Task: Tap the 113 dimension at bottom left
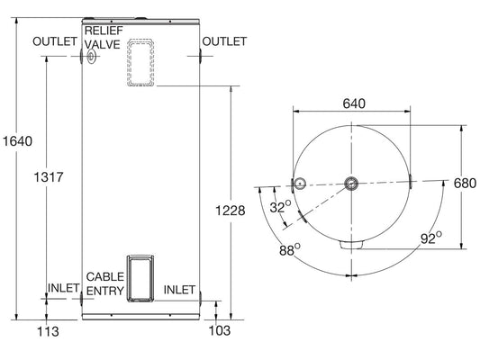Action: (47, 332)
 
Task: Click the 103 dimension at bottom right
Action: (219, 332)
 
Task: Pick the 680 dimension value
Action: (464, 184)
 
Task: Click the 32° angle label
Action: (281, 207)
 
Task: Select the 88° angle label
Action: (289, 251)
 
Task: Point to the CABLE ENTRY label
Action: (104, 283)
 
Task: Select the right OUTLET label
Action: (224, 42)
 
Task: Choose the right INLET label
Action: (180, 290)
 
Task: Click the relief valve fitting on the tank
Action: (93, 58)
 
